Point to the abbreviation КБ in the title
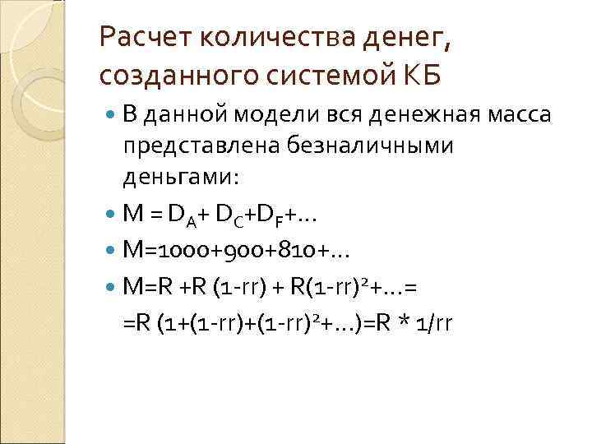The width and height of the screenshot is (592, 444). pyautogui.click(x=422, y=75)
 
